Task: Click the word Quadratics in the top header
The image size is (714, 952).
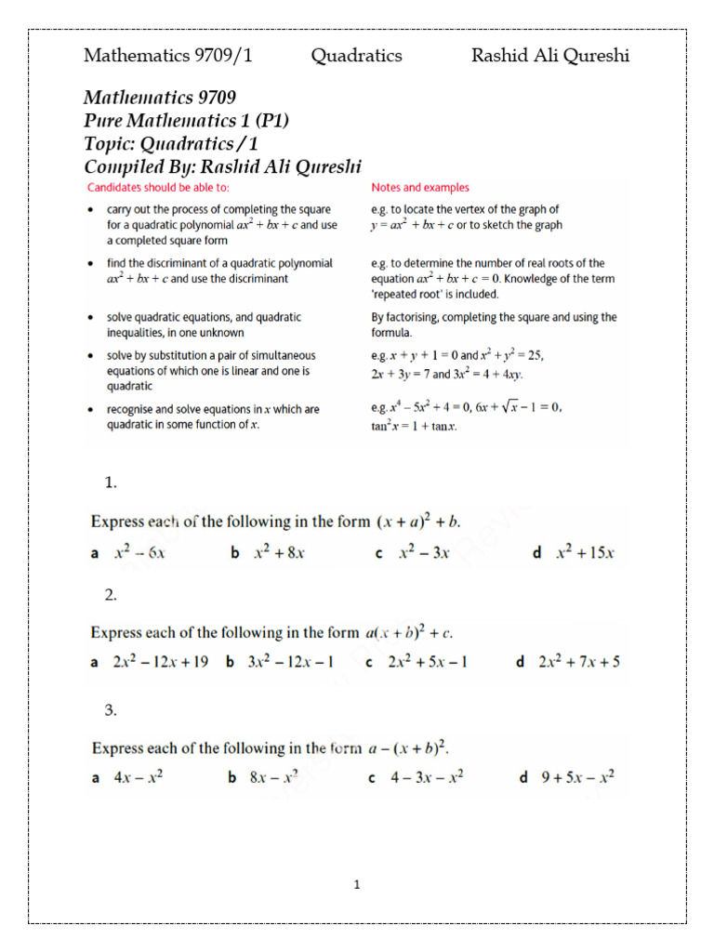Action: tap(356, 56)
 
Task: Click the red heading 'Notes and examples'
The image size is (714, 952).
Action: tap(419, 188)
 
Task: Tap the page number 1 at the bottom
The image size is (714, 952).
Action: tap(356, 885)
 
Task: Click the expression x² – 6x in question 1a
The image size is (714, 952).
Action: tap(139, 552)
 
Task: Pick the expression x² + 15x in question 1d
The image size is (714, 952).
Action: tap(586, 552)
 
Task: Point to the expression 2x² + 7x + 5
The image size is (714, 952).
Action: tap(579, 663)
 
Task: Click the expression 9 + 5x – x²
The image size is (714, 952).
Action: tap(578, 778)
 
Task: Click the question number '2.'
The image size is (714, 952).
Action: tap(111, 595)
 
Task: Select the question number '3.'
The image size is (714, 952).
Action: tap(111, 710)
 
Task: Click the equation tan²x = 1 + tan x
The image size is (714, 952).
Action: tap(414, 427)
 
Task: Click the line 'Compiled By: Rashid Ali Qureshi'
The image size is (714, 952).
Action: tap(222, 166)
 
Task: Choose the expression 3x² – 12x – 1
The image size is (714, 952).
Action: tap(291, 663)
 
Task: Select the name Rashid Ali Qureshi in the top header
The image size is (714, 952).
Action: tap(549, 56)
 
